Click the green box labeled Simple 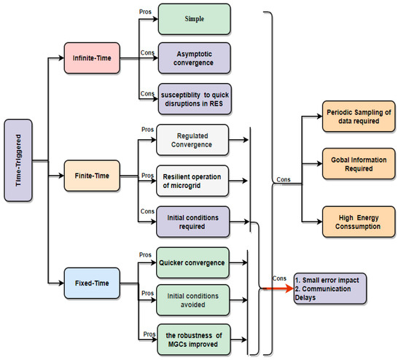[193, 18]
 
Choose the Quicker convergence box [193, 260]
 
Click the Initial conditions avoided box [193, 298]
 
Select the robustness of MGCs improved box [193, 338]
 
